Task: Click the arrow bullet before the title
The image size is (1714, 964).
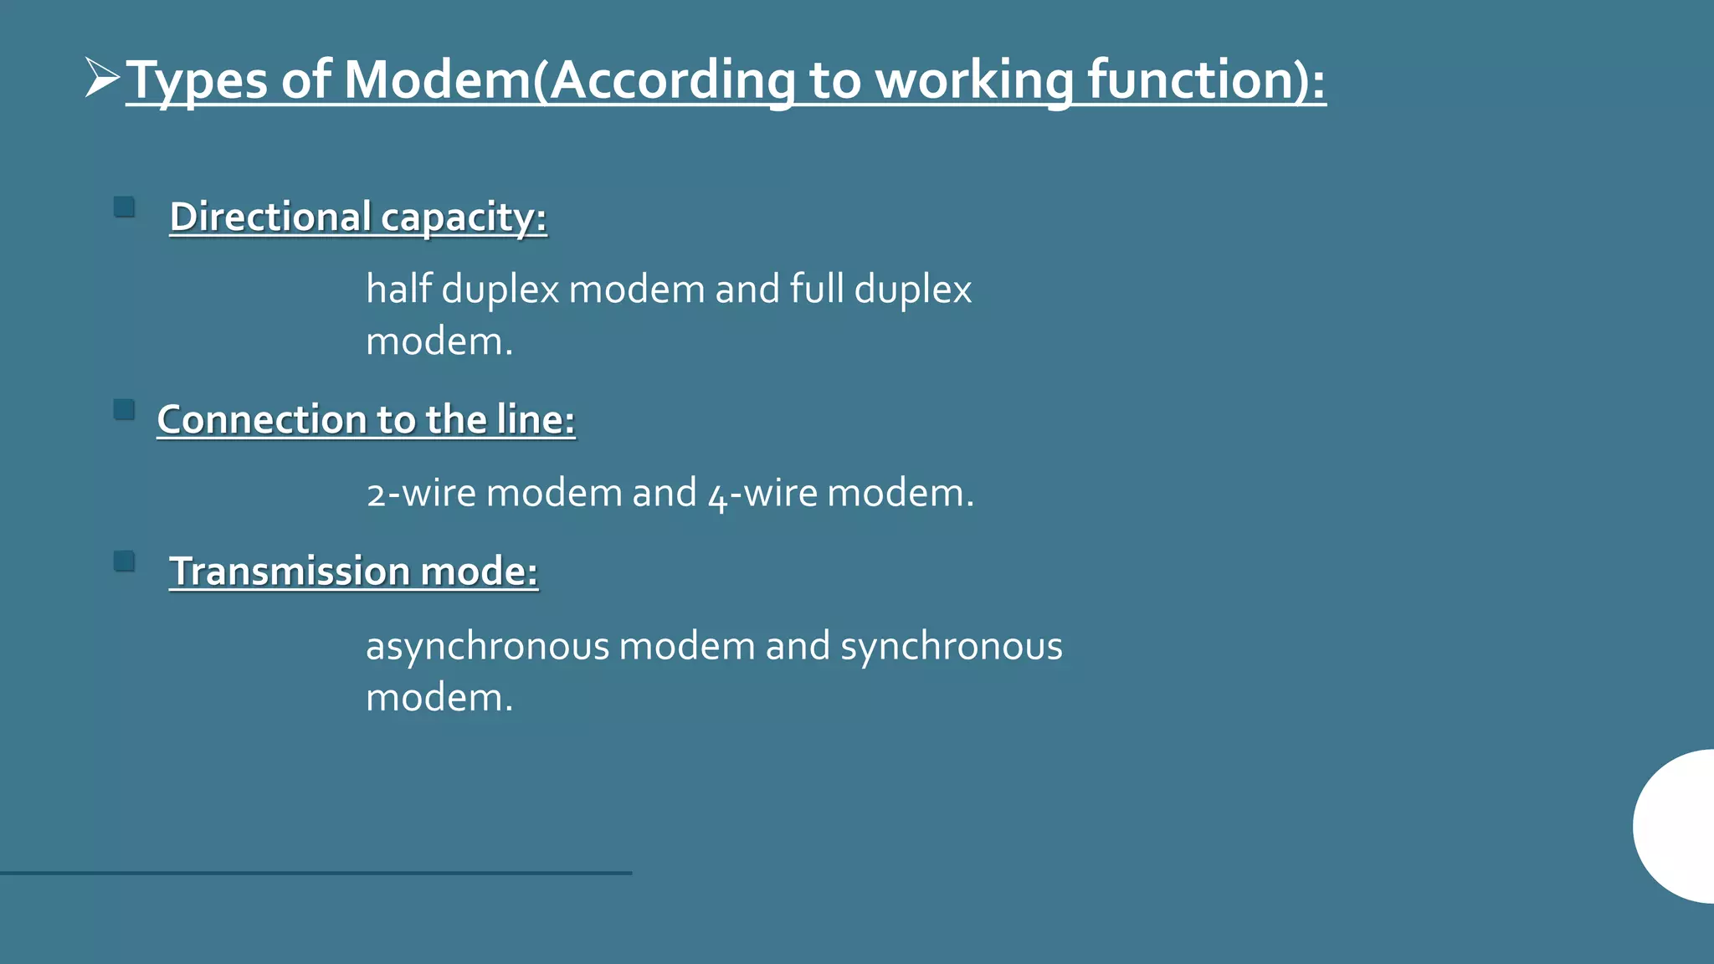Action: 102,79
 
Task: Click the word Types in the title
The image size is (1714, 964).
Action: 198,81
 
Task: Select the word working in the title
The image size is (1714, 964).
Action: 974,81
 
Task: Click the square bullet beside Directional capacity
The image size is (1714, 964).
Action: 124,207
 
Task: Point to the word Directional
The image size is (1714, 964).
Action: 270,217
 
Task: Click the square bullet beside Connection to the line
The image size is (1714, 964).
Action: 124,409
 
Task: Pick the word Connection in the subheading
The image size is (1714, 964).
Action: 262,419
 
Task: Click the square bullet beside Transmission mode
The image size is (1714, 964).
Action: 124,561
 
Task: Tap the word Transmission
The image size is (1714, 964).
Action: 290,572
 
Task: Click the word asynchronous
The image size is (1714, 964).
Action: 487,647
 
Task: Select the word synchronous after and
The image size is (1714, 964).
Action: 951,647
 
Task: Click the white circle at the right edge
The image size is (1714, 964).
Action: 1677,826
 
